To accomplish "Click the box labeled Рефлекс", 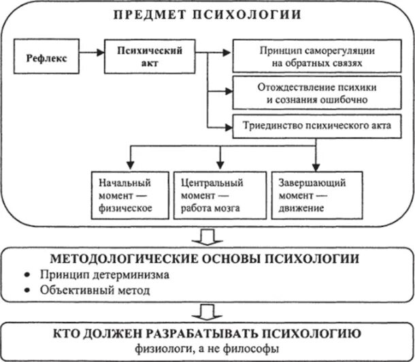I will [x=46, y=58].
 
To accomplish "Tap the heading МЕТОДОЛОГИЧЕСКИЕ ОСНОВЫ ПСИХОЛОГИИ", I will [x=208, y=260].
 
